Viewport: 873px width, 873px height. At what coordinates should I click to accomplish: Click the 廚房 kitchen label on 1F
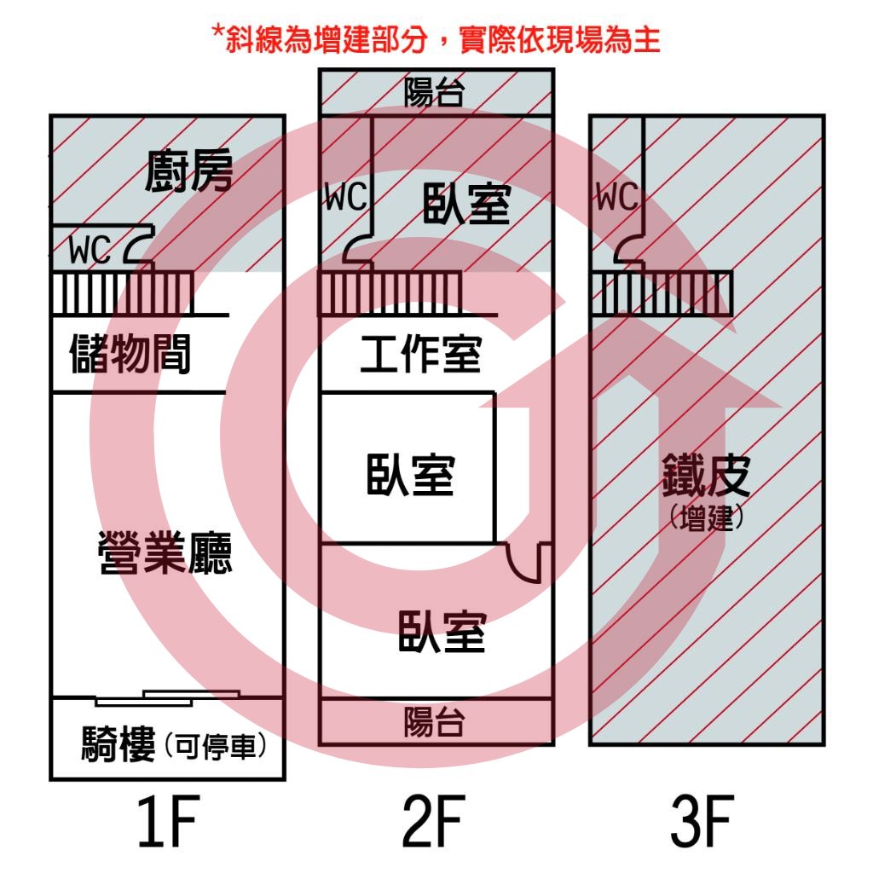(188, 171)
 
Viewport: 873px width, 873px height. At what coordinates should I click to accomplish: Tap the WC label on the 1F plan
(90, 250)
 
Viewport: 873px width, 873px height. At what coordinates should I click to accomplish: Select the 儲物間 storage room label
(130, 354)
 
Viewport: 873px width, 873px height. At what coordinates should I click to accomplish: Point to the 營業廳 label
(165, 552)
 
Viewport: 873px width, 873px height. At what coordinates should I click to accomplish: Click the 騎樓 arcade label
(118, 743)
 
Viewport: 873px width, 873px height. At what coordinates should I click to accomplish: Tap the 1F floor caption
(168, 821)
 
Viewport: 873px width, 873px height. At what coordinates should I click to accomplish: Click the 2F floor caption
(434, 821)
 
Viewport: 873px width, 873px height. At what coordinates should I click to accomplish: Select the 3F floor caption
(702, 821)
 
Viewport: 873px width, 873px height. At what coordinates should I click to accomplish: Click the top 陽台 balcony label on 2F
(434, 92)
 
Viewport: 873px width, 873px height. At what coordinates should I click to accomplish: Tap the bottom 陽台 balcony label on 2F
(434, 722)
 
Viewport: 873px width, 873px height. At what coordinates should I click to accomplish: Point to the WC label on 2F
(346, 197)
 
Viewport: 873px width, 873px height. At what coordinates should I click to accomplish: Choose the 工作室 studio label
(421, 354)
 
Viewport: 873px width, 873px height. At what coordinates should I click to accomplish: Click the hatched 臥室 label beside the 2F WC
(466, 204)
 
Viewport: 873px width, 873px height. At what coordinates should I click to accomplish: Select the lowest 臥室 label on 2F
(442, 632)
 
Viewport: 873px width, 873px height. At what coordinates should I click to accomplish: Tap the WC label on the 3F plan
(617, 197)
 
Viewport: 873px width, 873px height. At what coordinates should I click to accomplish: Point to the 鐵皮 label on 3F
(706, 475)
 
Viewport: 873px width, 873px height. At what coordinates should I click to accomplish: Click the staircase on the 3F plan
(662, 293)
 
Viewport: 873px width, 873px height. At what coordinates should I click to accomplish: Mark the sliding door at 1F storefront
(168, 698)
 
